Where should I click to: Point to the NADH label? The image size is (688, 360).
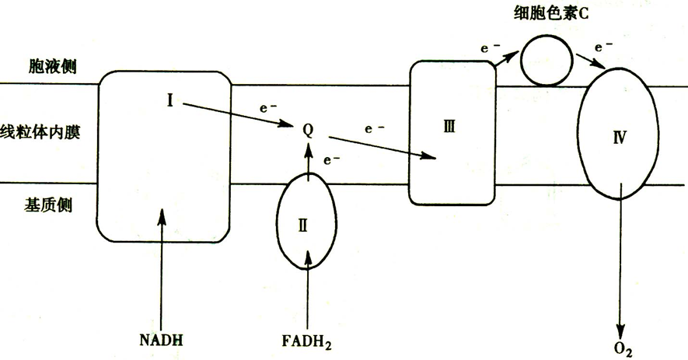162,340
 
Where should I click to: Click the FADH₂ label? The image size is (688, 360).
309,341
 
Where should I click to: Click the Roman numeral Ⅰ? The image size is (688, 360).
169,99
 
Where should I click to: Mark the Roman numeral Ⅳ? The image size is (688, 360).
620,138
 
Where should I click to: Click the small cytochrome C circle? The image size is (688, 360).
544,61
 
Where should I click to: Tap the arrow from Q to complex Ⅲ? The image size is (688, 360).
380,147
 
